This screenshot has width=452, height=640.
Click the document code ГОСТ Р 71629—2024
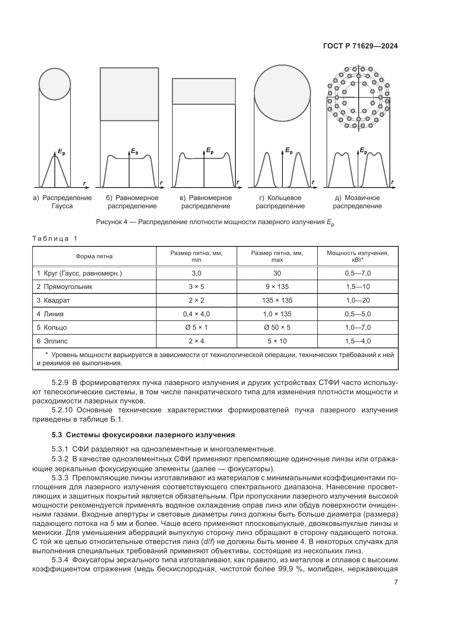click(360, 46)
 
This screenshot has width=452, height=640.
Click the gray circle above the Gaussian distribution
click(55, 84)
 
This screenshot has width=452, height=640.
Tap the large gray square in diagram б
click(129, 94)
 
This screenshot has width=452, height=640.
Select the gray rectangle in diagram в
click(204, 91)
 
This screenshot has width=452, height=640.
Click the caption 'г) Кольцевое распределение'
click(280, 202)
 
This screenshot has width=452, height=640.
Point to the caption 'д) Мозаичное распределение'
click(357, 202)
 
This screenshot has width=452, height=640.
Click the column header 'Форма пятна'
click(94, 256)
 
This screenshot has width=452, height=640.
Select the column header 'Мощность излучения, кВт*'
click(358, 256)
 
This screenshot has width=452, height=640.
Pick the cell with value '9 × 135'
click(277, 286)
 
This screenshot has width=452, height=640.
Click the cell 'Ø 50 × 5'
click(277, 327)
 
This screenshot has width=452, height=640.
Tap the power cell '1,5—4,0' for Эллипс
click(358, 341)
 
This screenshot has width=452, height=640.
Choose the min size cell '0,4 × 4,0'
click(196, 314)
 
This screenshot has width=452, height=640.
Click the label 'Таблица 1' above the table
click(55, 239)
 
